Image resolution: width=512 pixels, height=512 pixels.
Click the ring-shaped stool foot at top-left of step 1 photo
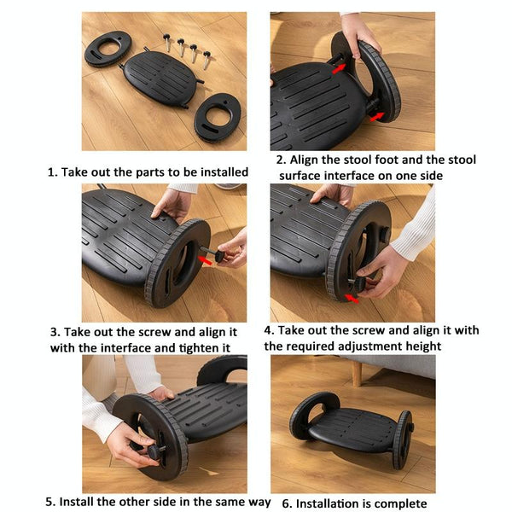click(108, 48)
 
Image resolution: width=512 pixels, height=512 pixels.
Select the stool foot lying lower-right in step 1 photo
click(217, 117)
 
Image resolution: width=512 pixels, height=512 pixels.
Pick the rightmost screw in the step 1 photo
click(206, 57)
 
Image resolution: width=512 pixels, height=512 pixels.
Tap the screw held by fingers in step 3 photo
click(224, 254)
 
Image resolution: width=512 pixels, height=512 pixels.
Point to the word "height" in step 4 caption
click(420, 346)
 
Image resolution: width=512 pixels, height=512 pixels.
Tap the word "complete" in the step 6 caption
click(399, 503)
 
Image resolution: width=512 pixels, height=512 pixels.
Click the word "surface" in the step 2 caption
click(302, 176)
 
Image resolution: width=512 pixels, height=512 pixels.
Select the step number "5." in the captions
click(50, 503)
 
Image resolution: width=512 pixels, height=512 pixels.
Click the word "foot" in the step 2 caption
click(383, 160)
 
